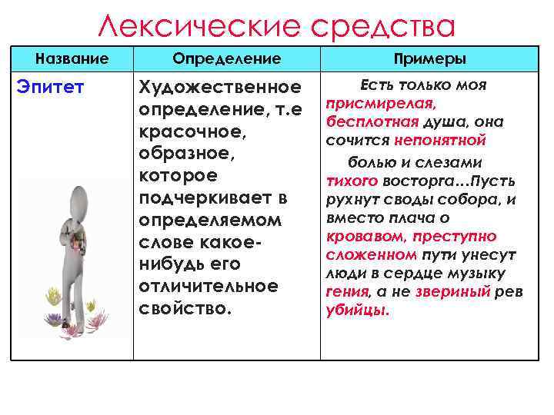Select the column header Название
tap(72, 58)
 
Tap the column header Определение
tap(227, 58)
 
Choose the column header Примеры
tap(429, 58)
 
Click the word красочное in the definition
tap(190, 131)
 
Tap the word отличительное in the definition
tap(208, 286)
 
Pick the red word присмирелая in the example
tap(381, 102)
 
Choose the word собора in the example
tap(476, 199)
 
